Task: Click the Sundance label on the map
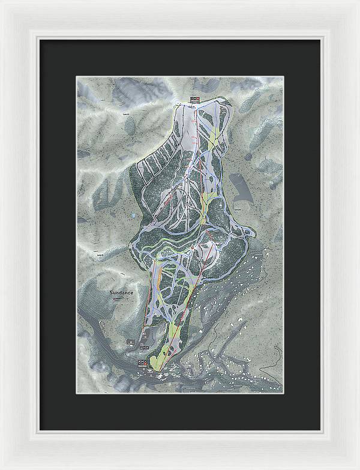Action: tap(121, 292)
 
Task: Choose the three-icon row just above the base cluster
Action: tap(143, 347)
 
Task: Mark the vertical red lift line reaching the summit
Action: tap(193, 150)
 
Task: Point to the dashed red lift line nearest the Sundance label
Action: tap(151, 300)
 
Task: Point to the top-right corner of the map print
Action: tap(283, 77)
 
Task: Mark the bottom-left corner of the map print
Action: tap(77, 393)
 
